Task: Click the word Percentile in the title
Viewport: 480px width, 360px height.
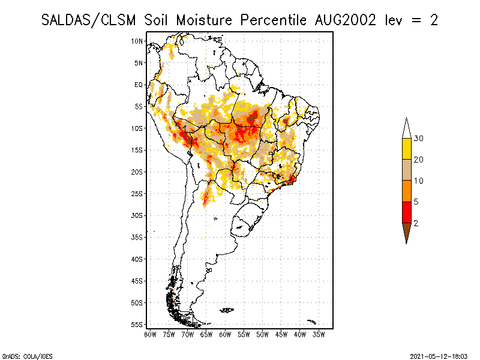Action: pos(272,19)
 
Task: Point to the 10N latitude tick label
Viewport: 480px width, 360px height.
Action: pos(137,41)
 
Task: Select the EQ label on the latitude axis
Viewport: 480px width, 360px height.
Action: pos(139,85)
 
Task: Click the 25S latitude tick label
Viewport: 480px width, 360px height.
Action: pos(137,193)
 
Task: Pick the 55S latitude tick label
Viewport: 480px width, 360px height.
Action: pos(137,324)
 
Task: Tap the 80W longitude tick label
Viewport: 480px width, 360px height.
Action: pos(150,334)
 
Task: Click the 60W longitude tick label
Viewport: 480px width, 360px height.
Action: pos(225,334)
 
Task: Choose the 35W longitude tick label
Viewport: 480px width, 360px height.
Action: pos(319,334)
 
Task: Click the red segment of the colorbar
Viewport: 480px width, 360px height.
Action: pos(407,212)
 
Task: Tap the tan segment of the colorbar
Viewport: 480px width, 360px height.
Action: pos(407,170)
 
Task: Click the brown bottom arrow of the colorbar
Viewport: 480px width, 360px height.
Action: pos(407,232)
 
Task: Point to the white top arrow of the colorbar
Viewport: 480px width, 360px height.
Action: pos(407,128)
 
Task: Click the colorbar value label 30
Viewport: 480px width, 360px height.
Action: pos(419,139)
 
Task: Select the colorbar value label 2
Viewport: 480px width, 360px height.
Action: pos(416,223)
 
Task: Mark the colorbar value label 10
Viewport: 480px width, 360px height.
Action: pos(419,181)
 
